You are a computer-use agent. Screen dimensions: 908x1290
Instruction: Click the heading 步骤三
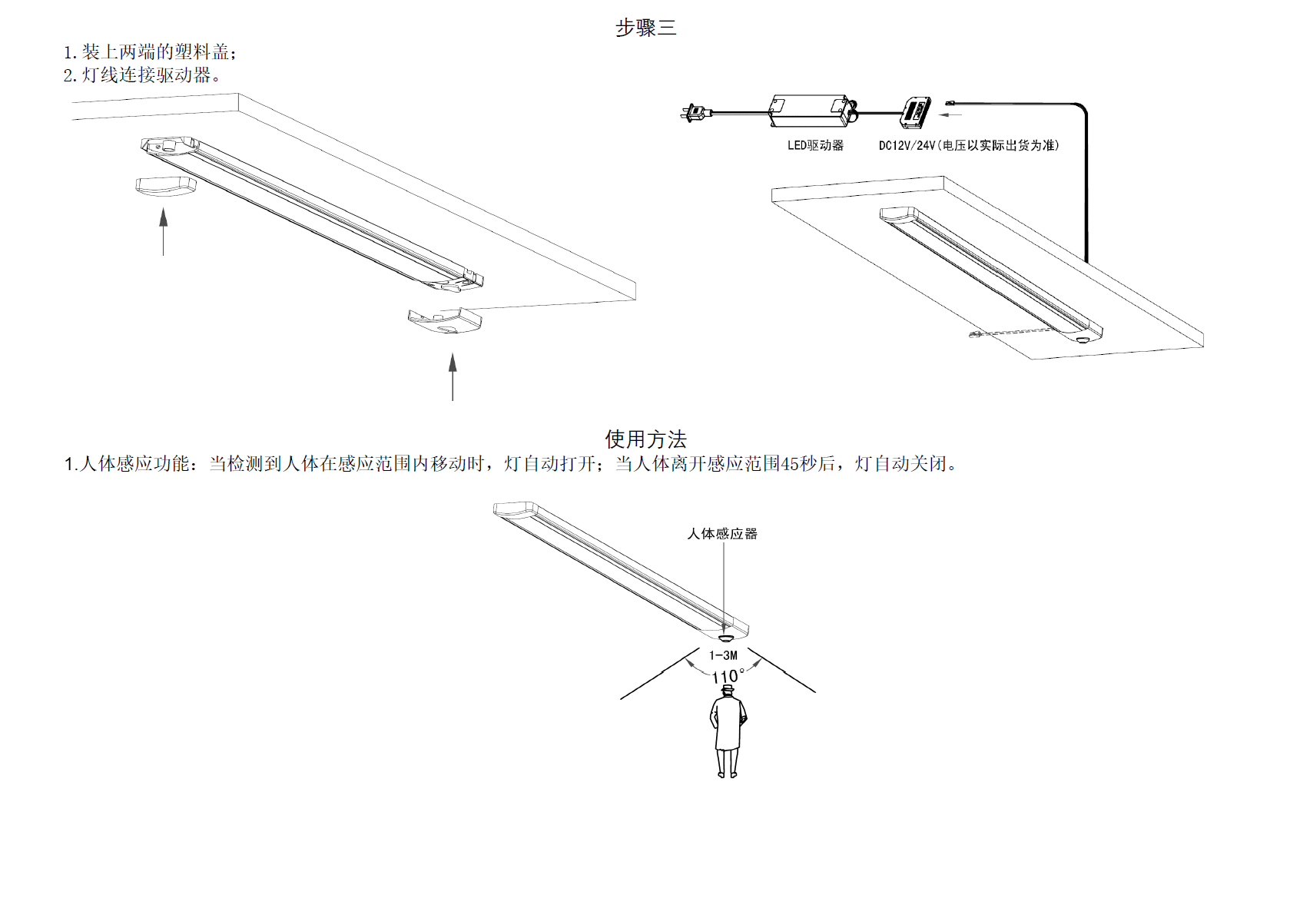(x=645, y=28)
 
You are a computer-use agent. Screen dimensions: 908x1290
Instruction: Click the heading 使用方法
(x=645, y=439)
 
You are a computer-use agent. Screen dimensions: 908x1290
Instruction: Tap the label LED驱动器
(x=815, y=145)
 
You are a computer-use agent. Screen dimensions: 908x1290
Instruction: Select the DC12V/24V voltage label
(x=969, y=145)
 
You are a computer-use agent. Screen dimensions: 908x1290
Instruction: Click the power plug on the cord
(x=694, y=113)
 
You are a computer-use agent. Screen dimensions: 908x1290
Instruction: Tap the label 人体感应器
(x=722, y=533)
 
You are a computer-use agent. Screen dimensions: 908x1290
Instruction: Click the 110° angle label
(x=727, y=676)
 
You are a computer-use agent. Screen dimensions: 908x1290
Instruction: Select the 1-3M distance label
(x=723, y=655)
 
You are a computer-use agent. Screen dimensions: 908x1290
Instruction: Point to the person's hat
(x=728, y=689)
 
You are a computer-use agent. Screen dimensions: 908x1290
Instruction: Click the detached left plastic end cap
(x=165, y=185)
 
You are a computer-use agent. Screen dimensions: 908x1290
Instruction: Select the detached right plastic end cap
(x=445, y=320)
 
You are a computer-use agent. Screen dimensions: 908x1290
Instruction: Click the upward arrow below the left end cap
(x=164, y=230)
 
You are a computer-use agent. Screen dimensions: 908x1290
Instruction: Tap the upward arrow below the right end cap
(x=453, y=376)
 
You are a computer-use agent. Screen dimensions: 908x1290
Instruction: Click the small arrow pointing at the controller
(x=950, y=115)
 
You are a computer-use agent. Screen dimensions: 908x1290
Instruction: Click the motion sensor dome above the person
(x=725, y=637)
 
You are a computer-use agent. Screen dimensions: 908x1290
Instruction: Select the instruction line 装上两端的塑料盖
(x=150, y=52)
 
